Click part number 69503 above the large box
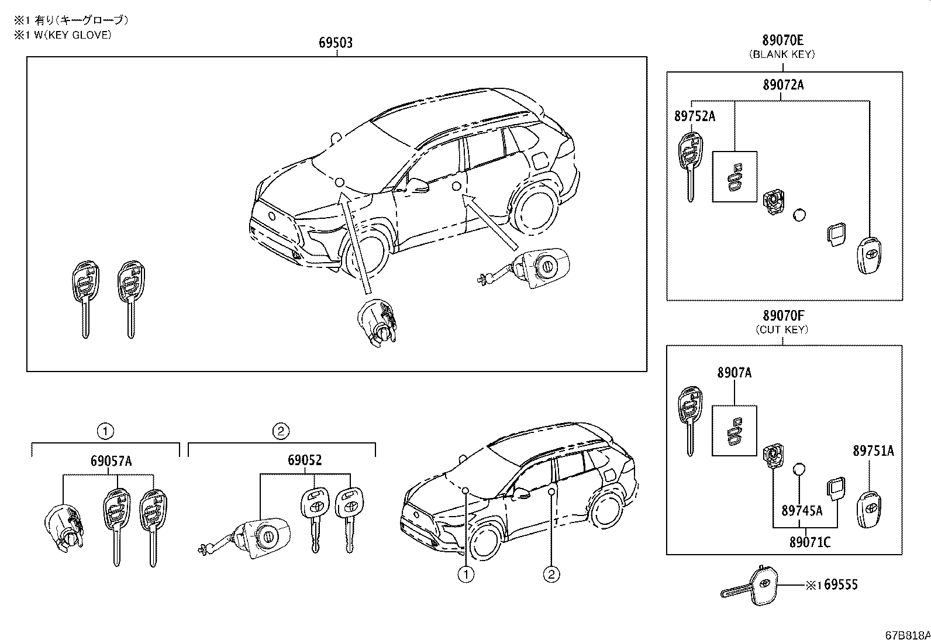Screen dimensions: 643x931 (x=336, y=43)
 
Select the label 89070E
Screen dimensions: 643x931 (x=782, y=40)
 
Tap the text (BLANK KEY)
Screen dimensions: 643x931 (x=782, y=54)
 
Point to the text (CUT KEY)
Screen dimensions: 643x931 (x=782, y=329)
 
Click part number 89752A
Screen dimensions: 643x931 (x=694, y=116)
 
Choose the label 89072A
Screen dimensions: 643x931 (x=782, y=85)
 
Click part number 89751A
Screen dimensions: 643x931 (x=873, y=451)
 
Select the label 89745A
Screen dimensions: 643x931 (x=802, y=511)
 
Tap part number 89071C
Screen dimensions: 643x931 (x=809, y=542)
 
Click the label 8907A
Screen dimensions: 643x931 (x=735, y=373)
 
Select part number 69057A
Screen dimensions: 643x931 (x=111, y=461)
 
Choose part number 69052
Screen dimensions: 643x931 (x=304, y=461)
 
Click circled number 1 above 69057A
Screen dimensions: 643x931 (x=105, y=432)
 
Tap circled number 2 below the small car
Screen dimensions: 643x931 (x=550, y=575)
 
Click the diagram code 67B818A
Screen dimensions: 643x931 (x=908, y=635)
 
